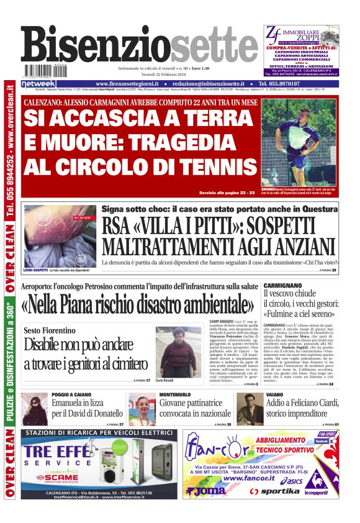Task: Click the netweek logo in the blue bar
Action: [38, 84]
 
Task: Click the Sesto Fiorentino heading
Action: [50, 330]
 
